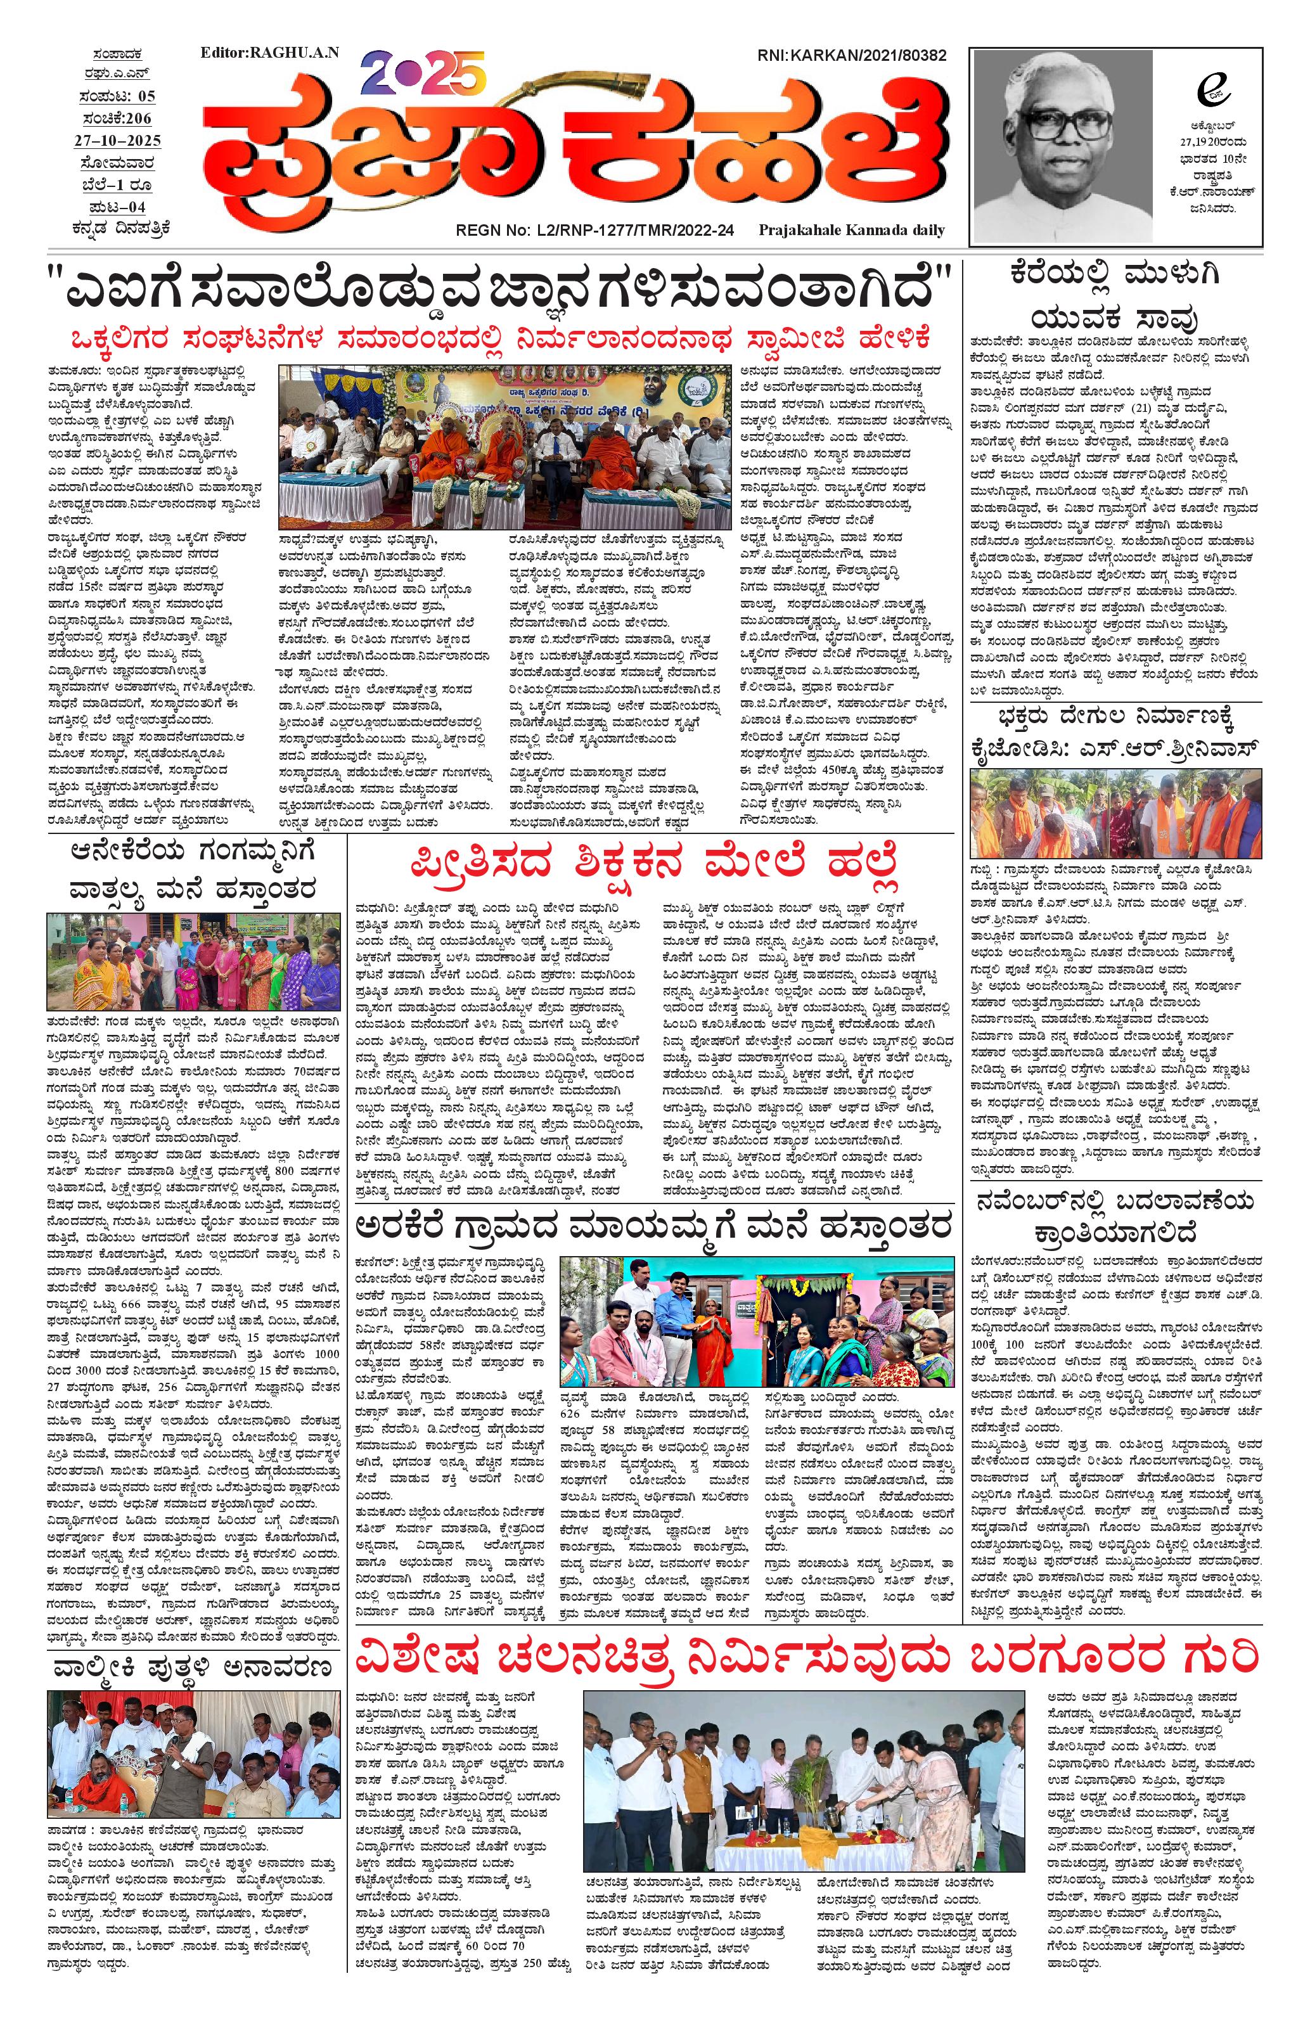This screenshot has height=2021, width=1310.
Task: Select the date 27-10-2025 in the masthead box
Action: pos(117,140)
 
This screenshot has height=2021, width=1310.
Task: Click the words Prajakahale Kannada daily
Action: pos(851,230)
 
